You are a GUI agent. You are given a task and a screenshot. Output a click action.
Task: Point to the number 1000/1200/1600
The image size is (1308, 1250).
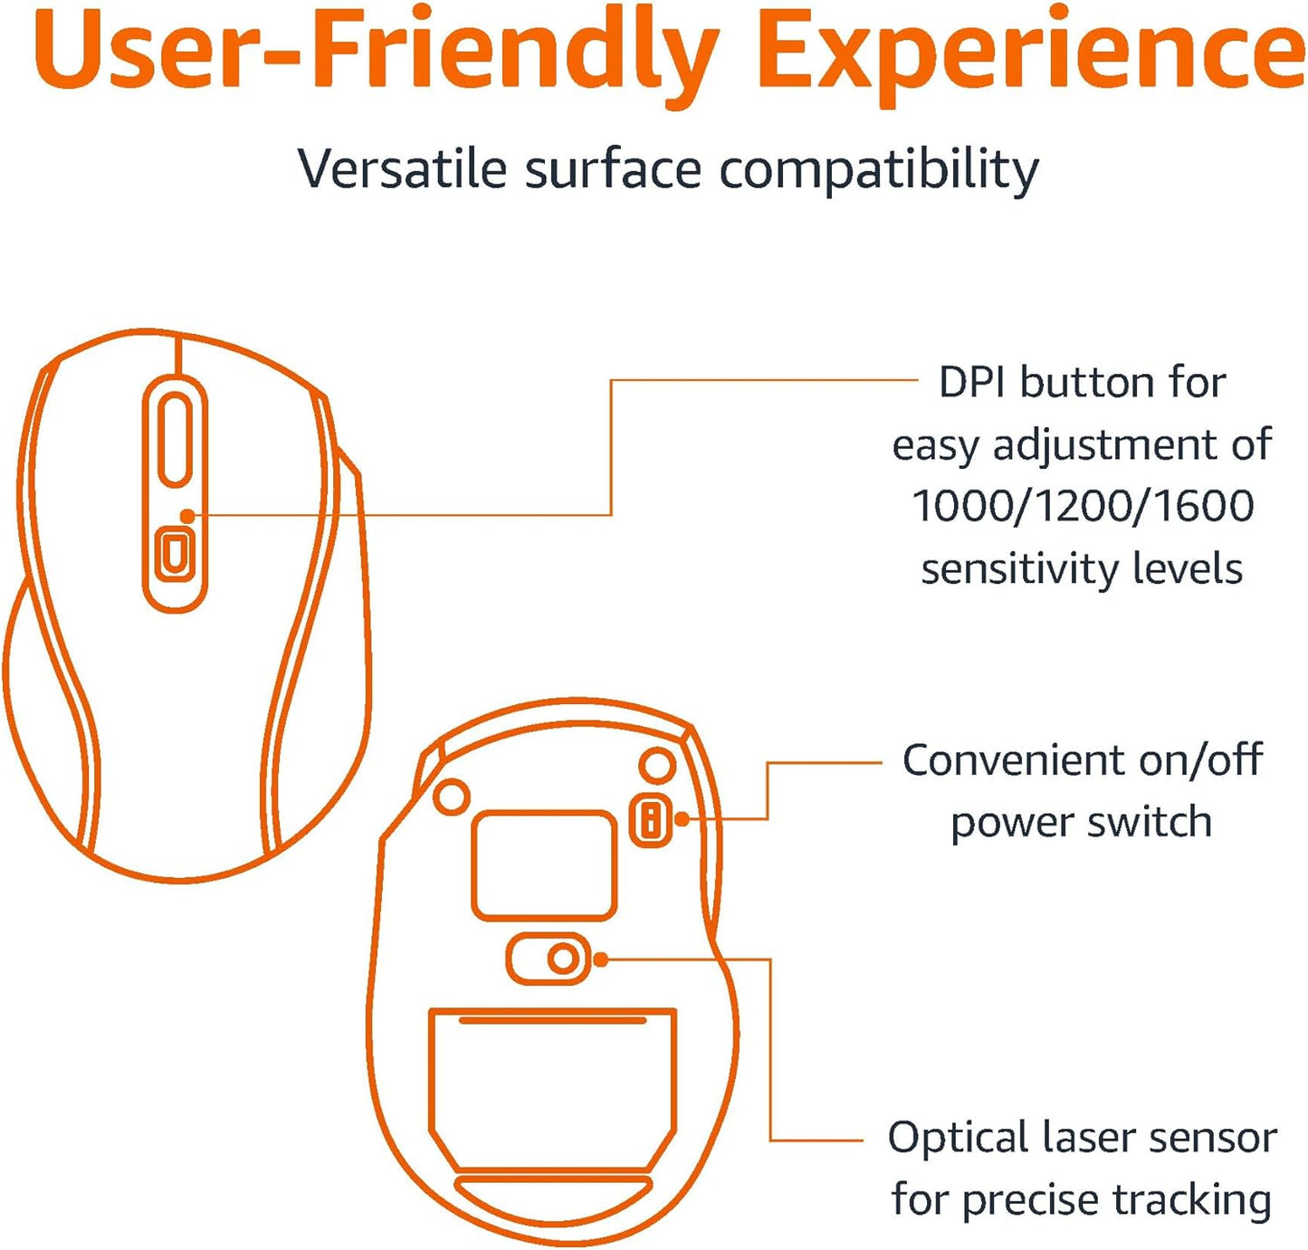pyautogui.click(x=1083, y=507)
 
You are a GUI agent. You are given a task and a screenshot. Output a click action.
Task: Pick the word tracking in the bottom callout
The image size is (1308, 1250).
pyautogui.click(x=1192, y=1201)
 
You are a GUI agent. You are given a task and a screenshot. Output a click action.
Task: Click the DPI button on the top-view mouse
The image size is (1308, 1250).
pyautogui.click(x=174, y=552)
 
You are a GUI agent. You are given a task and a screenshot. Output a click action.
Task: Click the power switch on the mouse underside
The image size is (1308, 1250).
pyautogui.click(x=650, y=820)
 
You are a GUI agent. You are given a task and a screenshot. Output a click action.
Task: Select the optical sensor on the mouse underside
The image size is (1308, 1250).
pyautogui.click(x=562, y=959)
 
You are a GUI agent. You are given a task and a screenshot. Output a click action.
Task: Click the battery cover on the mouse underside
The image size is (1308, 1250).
pyautogui.click(x=553, y=1086)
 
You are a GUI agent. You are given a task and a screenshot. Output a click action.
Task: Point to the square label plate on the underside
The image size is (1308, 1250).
pyautogui.click(x=544, y=864)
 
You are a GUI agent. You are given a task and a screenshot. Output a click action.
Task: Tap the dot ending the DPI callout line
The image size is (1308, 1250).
pyautogui.click(x=187, y=516)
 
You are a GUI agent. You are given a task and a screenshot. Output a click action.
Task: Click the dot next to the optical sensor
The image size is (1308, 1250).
pyautogui.click(x=600, y=959)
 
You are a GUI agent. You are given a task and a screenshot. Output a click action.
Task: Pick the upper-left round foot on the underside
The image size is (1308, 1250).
pyautogui.click(x=452, y=797)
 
